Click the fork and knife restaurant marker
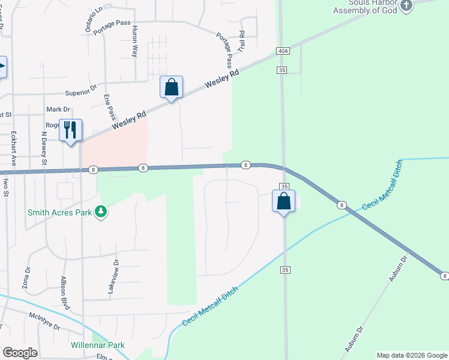click(x=71, y=130)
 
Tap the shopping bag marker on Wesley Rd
click(x=172, y=87)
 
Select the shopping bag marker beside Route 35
click(x=284, y=201)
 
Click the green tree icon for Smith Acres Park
click(x=101, y=212)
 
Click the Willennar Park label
click(x=97, y=345)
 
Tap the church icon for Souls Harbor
click(x=406, y=6)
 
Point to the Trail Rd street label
click(x=242, y=41)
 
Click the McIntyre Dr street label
click(x=45, y=322)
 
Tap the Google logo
click(x=19, y=353)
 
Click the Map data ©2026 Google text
click(x=412, y=355)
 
